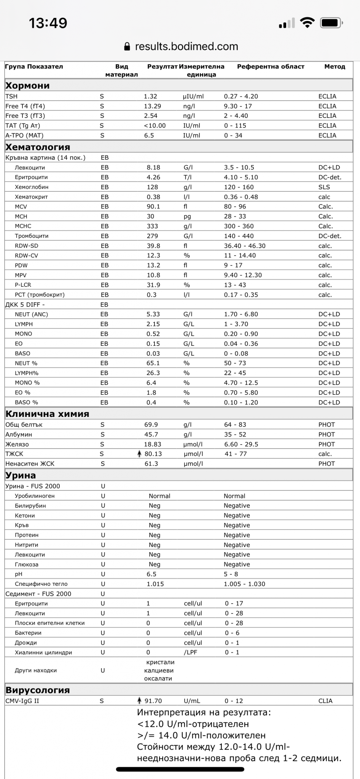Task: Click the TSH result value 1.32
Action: [150, 97]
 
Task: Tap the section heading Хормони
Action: [27, 86]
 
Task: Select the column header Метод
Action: [335, 67]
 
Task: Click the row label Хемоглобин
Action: [32, 187]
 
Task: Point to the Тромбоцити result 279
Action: [152, 236]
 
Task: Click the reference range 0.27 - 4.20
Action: [241, 97]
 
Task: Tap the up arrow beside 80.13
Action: [139, 454]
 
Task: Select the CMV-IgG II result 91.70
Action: [153, 701]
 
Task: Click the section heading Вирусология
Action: [38, 690]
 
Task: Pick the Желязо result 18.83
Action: [153, 444]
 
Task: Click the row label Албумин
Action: [19, 434]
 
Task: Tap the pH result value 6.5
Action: [151, 574]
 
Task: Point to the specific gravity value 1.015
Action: [155, 584]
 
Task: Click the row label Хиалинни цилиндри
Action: [43, 652]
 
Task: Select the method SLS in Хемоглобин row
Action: [324, 187]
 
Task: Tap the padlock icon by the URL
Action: [127, 47]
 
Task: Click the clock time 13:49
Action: [48, 23]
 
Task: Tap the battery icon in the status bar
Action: [331, 23]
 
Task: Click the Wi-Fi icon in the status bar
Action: [307, 23]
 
